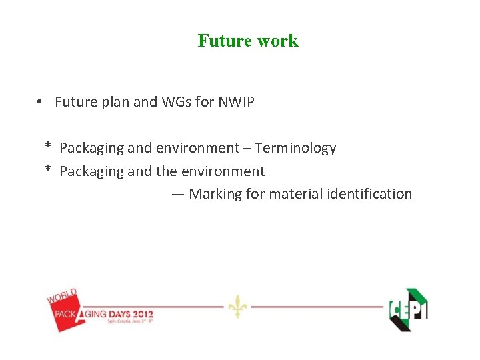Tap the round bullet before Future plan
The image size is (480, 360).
tap(41, 102)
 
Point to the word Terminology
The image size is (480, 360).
tap(295, 148)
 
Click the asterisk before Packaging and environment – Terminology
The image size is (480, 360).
tap(48, 147)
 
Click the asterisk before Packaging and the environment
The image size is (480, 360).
tap(48, 170)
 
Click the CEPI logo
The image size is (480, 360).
tap(408, 309)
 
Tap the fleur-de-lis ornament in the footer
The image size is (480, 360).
tap(237, 307)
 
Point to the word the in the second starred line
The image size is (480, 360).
tap(167, 171)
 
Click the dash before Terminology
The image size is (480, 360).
tap(246, 148)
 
